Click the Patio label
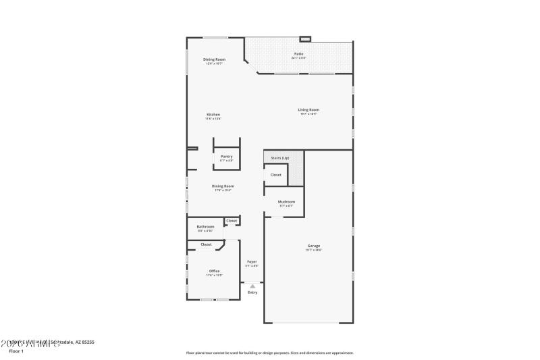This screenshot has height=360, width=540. point(298,53)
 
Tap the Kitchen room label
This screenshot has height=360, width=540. point(213,115)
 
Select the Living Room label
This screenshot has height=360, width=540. point(309,109)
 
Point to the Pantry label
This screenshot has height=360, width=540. point(226,157)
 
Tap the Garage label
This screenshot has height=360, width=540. point(314,246)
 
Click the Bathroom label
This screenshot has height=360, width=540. point(205,226)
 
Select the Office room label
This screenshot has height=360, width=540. point(214,271)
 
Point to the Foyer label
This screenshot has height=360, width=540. point(252,261)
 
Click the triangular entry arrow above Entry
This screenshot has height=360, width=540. point(252,286)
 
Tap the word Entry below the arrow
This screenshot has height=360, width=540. point(252,292)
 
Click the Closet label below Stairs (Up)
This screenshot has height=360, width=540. point(275,174)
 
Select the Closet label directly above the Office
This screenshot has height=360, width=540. point(206,244)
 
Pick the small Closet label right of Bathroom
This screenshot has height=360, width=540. point(232,221)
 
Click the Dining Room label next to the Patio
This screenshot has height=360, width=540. point(215,59)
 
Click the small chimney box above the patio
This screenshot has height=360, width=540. point(305,38)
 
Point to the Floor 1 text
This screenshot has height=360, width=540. point(16,351)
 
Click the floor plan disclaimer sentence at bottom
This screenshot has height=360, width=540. point(269,352)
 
